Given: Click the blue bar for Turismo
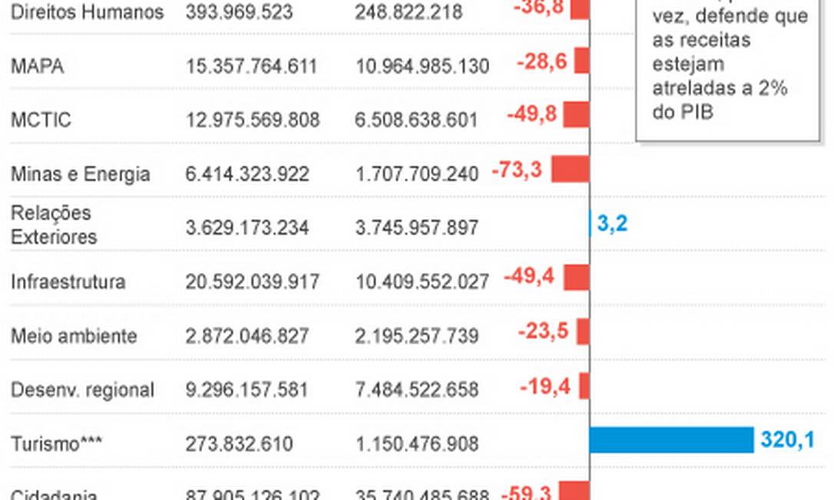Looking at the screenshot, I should (x=671, y=440).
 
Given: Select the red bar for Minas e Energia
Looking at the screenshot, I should (x=570, y=169).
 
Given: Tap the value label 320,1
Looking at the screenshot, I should (x=787, y=440).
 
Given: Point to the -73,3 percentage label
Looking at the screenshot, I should (x=517, y=170).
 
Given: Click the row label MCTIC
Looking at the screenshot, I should (x=41, y=120).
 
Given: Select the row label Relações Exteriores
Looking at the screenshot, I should (x=54, y=225).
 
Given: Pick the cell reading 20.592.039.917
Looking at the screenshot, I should (x=252, y=282).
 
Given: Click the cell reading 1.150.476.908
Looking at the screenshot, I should (x=416, y=444).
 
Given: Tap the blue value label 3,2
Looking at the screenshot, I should (x=612, y=225).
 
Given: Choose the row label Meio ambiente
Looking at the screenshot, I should (x=74, y=336).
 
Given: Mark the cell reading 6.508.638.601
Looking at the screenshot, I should (x=416, y=120).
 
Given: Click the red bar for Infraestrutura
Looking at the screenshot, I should (x=576, y=278).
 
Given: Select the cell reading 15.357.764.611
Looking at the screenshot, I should (x=251, y=67).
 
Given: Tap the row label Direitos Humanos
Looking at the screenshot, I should (x=87, y=12).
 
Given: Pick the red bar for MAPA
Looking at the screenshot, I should (x=581, y=62).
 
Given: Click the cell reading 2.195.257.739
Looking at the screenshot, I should (x=416, y=336).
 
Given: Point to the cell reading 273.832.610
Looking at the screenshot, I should (x=239, y=444).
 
